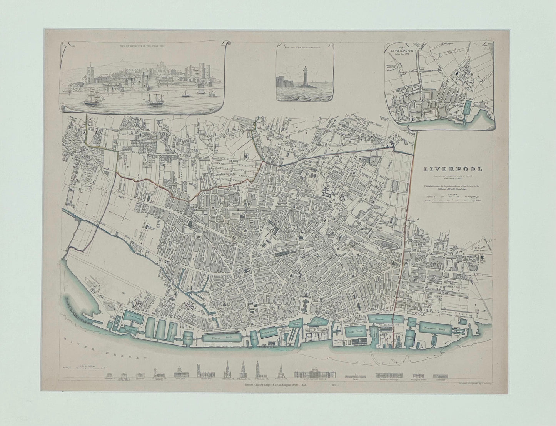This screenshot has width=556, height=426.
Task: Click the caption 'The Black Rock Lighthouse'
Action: (x=304, y=48)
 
